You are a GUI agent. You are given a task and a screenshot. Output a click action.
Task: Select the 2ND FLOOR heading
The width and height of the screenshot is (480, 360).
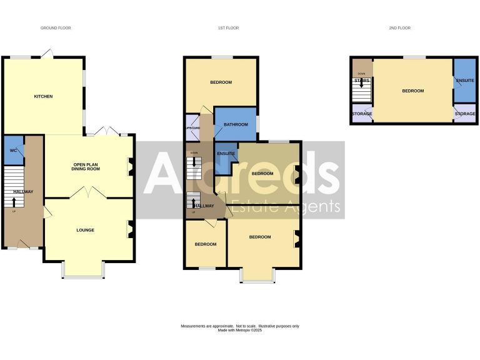401,28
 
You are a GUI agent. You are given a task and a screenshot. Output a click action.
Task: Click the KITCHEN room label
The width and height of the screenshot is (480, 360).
43,96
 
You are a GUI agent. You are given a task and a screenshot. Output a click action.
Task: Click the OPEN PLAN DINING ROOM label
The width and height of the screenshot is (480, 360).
87,166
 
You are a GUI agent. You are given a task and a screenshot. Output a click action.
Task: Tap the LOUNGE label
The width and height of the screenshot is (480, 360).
85,230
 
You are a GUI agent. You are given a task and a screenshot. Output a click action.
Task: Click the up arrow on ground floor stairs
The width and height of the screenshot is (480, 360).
14,201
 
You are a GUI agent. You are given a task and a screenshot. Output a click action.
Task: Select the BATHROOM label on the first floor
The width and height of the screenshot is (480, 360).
236,124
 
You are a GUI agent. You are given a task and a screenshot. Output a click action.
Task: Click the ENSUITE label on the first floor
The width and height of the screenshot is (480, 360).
226,152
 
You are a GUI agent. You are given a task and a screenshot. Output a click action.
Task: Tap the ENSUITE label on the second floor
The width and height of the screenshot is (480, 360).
464,81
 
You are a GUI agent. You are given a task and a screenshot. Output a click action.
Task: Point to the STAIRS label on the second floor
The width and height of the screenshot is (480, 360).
362,81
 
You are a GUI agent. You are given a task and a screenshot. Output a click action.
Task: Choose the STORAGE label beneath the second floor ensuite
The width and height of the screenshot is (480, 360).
464,114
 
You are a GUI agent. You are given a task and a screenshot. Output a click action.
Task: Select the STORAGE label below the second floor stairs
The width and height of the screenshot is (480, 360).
362,114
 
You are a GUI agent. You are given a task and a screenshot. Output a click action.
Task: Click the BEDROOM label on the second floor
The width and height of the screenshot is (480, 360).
412,91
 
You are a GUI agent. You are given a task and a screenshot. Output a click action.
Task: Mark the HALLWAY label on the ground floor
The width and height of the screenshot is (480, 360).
24,191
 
